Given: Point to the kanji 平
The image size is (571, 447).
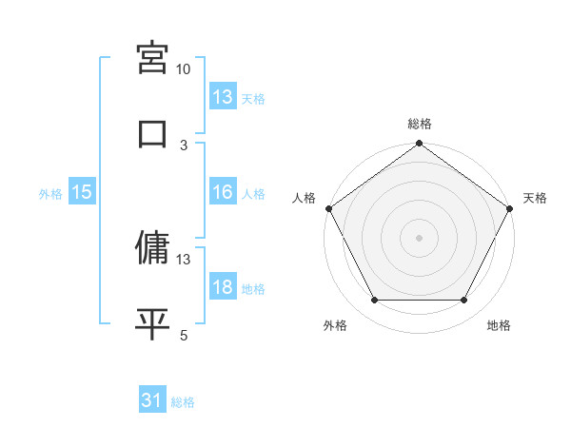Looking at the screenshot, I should click(x=153, y=322).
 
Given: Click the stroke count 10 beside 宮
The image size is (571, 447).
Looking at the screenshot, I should click(x=184, y=69).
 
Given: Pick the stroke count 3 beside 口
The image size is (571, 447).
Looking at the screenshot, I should click(x=184, y=145).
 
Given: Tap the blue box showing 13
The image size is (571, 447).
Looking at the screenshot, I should click(x=222, y=97).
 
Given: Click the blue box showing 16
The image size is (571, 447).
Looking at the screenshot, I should click(x=222, y=192).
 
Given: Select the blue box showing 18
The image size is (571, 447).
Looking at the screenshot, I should click(x=222, y=287).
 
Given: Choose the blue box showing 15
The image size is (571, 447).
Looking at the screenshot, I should click(x=82, y=192).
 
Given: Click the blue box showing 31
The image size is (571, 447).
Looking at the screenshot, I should click(x=152, y=401).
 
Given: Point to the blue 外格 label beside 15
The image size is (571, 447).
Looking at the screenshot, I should click(x=50, y=194).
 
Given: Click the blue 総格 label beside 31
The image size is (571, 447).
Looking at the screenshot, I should click(x=183, y=403).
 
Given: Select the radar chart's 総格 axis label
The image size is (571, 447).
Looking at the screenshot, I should click(x=420, y=124).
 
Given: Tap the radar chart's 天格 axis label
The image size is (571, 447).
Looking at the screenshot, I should click(x=535, y=198).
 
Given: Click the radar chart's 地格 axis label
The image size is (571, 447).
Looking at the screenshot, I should click(x=499, y=326).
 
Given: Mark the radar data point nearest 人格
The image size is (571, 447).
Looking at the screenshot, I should click(x=328, y=208).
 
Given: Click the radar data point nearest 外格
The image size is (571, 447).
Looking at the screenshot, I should click(x=374, y=301).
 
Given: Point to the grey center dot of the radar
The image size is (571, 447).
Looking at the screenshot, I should click(x=419, y=238).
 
